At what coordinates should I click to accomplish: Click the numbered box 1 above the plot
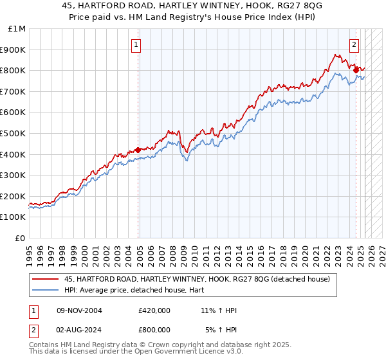pyautogui.click(x=137, y=44)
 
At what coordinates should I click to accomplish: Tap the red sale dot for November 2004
pyautogui.click(x=138, y=150)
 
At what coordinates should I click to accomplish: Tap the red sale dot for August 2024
pyautogui.click(x=356, y=69)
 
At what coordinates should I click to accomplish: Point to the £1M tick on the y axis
pyautogui.click(x=18, y=29)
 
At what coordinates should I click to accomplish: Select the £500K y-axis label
pyautogui.click(x=14, y=134)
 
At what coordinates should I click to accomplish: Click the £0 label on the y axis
pyautogui.click(x=20, y=239)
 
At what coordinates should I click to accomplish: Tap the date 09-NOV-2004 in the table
pyautogui.click(x=80, y=310)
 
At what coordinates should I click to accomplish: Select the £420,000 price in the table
pyautogui.click(x=154, y=310)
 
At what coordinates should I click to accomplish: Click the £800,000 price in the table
pyautogui.click(x=154, y=331)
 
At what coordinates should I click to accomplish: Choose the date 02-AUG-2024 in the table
pyautogui.click(x=80, y=331)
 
